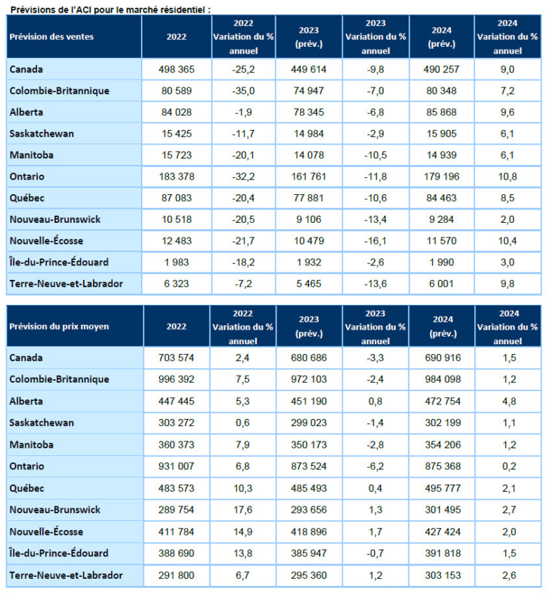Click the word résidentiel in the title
point(182,10)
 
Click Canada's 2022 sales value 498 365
point(177,69)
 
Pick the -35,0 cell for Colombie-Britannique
point(244,91)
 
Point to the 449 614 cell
point(309,69)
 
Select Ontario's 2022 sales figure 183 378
point(177,177)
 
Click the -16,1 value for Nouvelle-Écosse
point(376,241)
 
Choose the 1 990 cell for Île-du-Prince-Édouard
point(441,262)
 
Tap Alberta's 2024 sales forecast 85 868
point(441,112)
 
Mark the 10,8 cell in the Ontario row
point(508,177)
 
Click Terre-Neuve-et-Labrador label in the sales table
point(66,284)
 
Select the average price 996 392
point(177,379)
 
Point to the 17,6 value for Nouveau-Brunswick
point(243,510)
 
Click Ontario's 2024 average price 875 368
point(443,467)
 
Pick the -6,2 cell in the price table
point(375,467)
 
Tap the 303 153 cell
point(443,575)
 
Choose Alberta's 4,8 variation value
point(509,402)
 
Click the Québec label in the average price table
point(27,488)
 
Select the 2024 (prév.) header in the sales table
point(441,37)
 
